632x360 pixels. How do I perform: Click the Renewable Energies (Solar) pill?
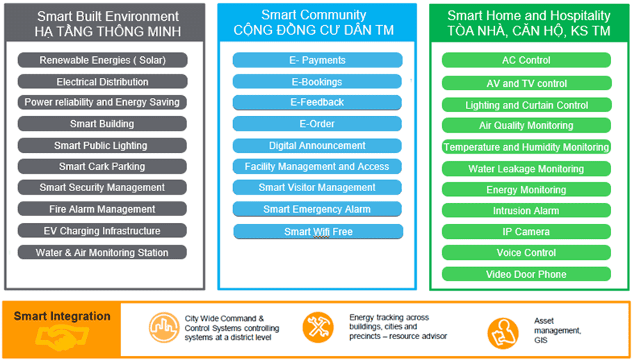click(102, 60)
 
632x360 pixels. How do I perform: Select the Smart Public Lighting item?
click(102, 145)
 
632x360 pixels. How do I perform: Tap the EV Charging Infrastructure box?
click(102, 231)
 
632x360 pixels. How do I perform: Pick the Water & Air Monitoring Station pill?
click(102, 252)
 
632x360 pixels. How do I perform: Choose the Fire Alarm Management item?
click(102, 209)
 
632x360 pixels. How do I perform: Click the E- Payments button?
click(317, 60)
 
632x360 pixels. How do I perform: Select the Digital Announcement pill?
click(317, 146)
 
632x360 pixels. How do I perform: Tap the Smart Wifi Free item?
click(318, 231)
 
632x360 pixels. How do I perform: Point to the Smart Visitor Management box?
click(317, 188)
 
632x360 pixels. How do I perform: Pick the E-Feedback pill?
click(317, 102)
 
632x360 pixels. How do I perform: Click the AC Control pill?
click(526, 60)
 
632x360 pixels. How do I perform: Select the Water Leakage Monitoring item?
click(526, 169)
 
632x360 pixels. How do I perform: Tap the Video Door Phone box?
click(526, 274)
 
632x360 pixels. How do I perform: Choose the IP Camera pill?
click(526, 231)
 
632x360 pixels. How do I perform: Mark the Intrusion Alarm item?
click(526, 211)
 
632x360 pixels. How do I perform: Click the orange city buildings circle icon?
click(164, 327)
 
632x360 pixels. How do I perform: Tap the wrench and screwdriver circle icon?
click(318, 327)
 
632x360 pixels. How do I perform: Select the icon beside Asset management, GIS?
click(503, 333)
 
